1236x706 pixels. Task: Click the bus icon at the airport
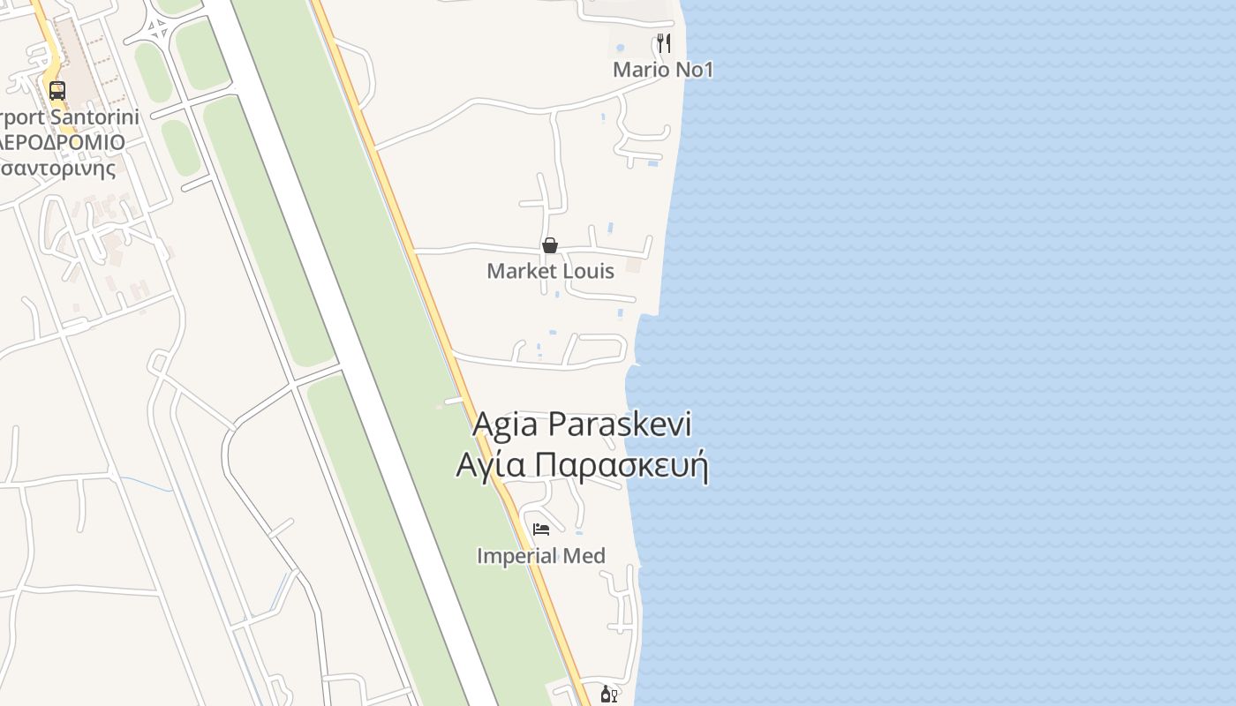tap(57, 90)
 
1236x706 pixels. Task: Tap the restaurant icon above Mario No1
tap(664, 42)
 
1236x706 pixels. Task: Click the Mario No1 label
tap(663, 69)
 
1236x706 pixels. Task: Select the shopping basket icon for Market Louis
tap(550, 245)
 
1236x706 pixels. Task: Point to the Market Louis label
tap(550, 271)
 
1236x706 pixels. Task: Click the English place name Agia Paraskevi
tap(582, 424)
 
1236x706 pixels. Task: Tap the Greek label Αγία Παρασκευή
tap(582, 465)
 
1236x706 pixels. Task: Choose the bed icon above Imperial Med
tap(541, 529)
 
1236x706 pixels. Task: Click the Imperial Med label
tap(541, 556)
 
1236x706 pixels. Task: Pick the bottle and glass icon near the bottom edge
tap(608, 695)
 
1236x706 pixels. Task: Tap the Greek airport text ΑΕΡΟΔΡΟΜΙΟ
tap(62, 142)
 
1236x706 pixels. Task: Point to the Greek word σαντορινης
tap(58, 168)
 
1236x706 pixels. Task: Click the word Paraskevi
tap(620, 424)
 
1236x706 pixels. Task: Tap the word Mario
tap(637, 69)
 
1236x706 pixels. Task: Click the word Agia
tap(506, 424)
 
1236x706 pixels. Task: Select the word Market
tap(520, 271)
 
